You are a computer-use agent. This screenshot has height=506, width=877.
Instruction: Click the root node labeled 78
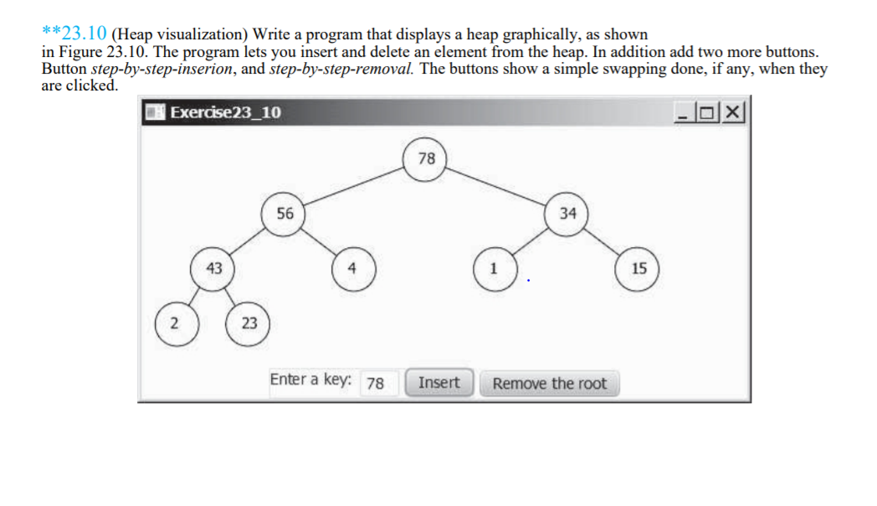click(427, 158)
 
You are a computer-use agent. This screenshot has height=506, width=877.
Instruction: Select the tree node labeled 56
click(285, 214)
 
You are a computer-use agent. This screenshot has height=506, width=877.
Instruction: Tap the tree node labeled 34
click(568, 214)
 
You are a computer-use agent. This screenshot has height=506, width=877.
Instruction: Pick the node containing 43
click(215, 268)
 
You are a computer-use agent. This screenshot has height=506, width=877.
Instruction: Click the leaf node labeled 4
click(353, 269)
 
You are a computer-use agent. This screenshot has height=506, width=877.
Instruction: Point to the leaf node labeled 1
click(494, 269)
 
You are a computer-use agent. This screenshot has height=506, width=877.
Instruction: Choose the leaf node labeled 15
click(639, 269)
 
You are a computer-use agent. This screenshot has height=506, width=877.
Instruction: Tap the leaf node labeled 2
click(176, 323)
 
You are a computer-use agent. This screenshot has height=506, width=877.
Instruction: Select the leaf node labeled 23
click(249, 323)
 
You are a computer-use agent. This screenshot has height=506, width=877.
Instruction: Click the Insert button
click(439, 383)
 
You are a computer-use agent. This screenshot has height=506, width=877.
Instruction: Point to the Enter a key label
click(310, 379)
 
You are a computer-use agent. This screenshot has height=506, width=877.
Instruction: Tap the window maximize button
click(712, 112)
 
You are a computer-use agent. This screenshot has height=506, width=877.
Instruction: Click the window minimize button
click(693, 112)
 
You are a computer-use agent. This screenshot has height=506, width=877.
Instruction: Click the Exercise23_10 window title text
click(225, 112)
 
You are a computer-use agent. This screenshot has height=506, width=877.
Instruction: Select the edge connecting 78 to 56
click(356, 186)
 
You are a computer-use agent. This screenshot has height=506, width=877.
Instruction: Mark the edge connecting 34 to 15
click(604, 241)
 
